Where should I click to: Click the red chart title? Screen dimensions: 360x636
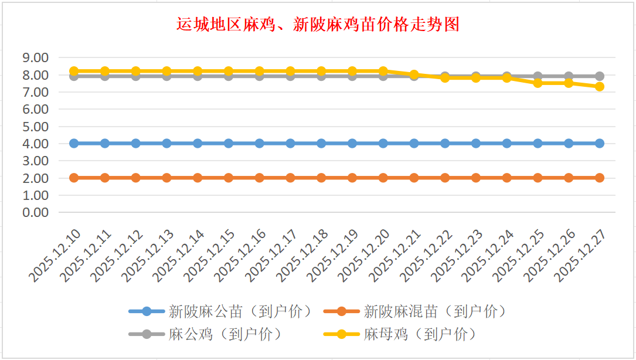[x=318, y=25]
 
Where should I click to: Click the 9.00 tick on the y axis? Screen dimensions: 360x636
[x=35, y=57]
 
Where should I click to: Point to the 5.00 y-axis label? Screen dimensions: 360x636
[x=35, y=126]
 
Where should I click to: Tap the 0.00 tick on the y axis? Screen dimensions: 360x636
[x=35, y=212]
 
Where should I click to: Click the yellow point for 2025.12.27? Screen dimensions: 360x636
[x=600, y=86]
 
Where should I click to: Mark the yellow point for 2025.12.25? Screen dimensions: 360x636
[x=538, y=83]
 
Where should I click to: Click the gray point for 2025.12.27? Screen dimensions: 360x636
[x=600, y=76]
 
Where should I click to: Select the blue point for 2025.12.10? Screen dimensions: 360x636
[x=74, y=143]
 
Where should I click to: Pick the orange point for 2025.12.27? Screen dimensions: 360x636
[x=600, y=178]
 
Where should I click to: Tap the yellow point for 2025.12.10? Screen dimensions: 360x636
[x=74, y=71]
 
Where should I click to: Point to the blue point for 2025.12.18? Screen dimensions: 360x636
[x=321, y=143]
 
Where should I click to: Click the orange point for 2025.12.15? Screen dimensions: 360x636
[x=229, y=178]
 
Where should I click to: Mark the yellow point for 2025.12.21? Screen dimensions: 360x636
[x=414, y=74]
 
